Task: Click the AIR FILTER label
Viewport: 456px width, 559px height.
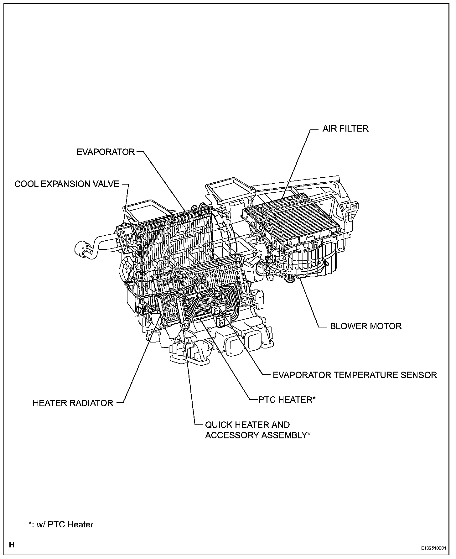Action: [345, 128]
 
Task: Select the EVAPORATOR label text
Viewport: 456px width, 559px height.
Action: [106, 152]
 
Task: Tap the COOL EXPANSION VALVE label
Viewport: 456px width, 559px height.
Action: [67, 184]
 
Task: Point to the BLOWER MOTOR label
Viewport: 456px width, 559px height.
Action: [366, 326]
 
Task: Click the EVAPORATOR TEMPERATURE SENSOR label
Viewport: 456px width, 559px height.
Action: [355, 375]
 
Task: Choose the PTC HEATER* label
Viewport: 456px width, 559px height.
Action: [287, 400]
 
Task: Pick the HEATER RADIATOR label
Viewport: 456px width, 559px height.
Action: [73, 403]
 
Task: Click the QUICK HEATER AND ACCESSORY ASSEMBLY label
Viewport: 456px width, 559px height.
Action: [257, 430]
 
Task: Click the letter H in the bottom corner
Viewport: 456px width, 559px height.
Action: [12, 545]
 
